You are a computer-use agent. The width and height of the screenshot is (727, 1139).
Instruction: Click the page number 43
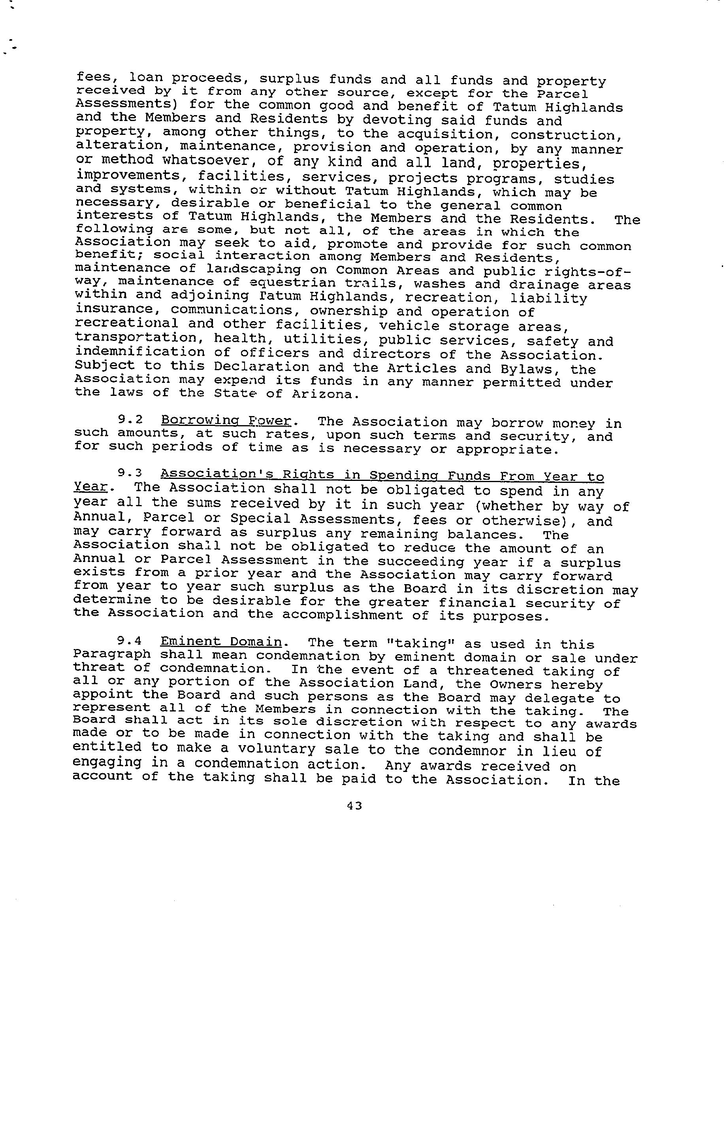[x=354, y=806]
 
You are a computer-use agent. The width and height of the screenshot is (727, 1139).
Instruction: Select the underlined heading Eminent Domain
[x=221, y=642]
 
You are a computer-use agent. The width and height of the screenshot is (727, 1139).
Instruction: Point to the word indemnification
[x=140, y=352]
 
